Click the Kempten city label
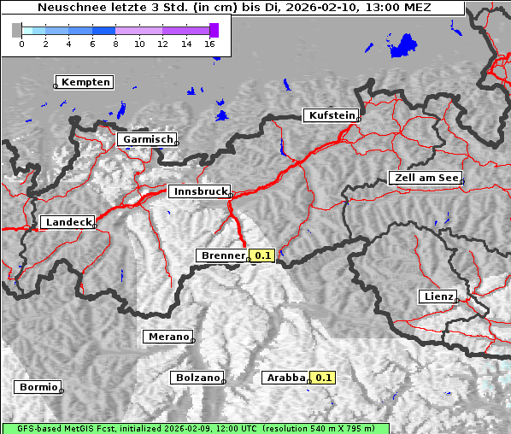85,82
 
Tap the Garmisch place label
148,139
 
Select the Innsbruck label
199,192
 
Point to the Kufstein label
331,115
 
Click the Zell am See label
425,178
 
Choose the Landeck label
68,222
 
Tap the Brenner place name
222,255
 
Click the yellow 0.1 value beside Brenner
262,255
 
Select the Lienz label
437,296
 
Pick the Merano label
167,337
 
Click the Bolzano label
197,378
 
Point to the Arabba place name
285,378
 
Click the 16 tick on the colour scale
209,44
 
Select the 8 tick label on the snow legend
115,44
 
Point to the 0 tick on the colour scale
21,44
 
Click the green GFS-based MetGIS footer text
195,428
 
